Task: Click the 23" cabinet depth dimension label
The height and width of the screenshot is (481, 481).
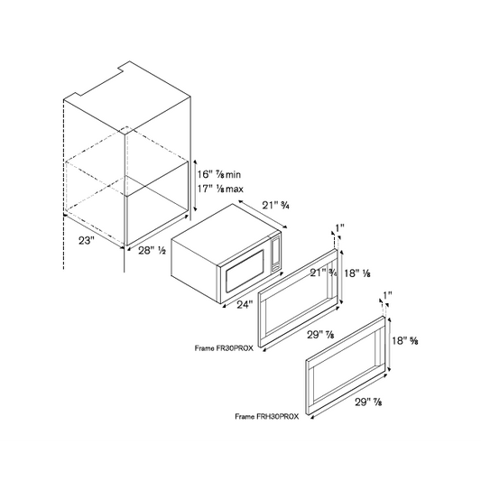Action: [85, 240]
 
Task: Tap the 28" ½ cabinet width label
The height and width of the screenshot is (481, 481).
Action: [152, 251]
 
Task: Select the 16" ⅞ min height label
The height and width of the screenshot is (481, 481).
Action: [218, 174]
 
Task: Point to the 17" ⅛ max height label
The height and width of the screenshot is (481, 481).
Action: [220, 189]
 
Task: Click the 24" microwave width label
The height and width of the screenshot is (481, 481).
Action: [245, 305]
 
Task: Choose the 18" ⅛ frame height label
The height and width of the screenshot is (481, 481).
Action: [357, 273]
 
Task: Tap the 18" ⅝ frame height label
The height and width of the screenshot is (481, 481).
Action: [405, 340]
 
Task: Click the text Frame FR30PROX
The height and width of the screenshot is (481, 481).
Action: [224, 348]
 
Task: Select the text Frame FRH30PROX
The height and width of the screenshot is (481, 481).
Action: [266, 417]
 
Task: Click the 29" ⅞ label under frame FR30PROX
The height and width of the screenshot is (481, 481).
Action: [321, 335]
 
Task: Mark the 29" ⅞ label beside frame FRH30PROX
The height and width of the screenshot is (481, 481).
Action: [368, 402]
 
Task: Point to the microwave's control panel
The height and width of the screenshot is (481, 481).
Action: [275, 252]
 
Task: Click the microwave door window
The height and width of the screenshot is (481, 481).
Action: [245, 272]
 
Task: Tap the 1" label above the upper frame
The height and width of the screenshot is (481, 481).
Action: [339, 228]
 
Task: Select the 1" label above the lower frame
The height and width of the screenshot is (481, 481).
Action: [388, 295]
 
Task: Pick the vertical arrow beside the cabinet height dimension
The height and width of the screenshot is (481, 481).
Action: [195, 185]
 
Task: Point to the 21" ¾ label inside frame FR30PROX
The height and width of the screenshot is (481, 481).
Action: [323, 273]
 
